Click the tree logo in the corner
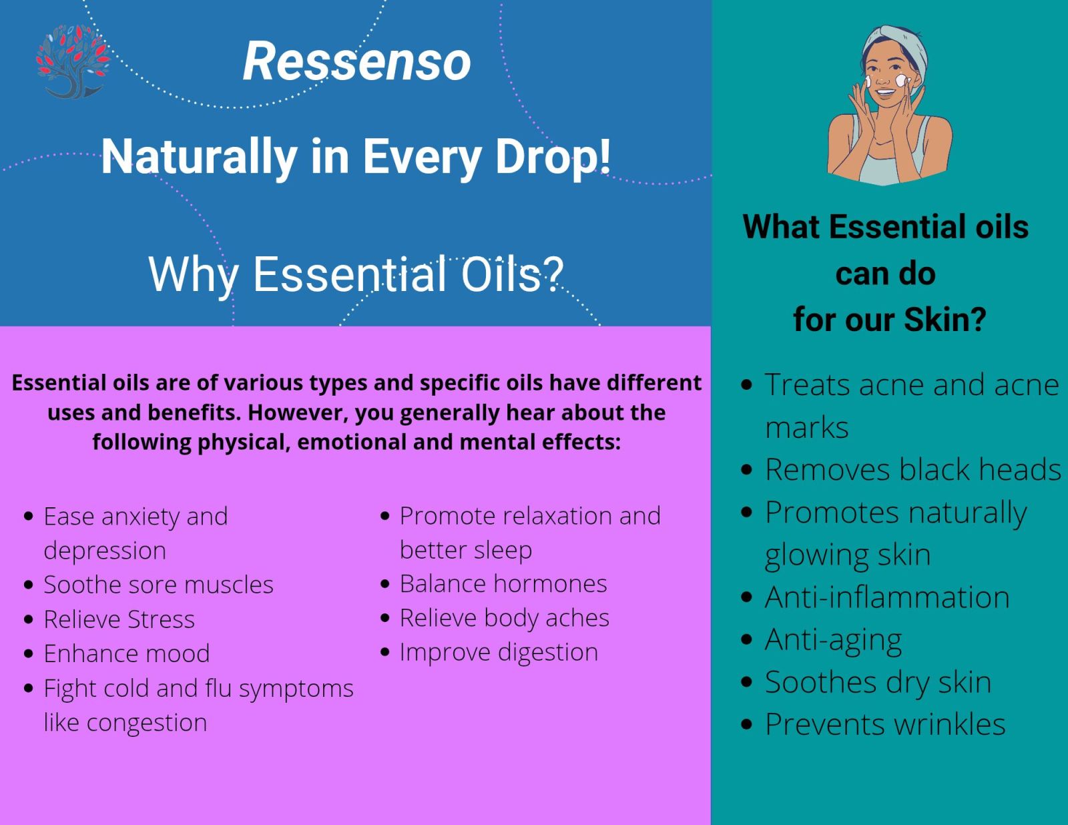(x=73, y=61)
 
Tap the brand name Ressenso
(x=357, y=61)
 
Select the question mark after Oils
(x=554, y=274)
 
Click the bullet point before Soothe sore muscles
(x=29, y=585)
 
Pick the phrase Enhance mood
(x=127, y=653)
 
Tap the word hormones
(x=550, y=584)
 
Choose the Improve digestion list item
(x=499, y=653)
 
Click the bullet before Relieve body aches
(x=385, y=618)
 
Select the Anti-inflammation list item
(x=887, y=597)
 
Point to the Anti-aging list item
(x=833, y=640)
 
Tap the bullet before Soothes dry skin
(x=746, y=682)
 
